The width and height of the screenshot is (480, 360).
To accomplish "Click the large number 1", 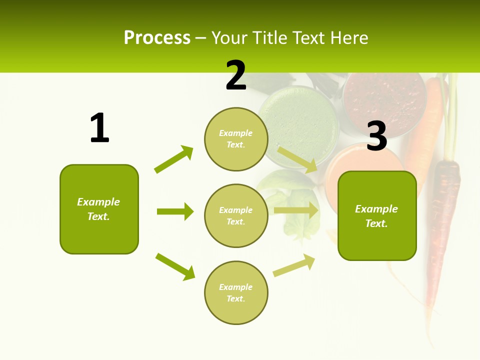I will [99, 128].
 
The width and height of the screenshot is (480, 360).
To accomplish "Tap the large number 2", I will [236, 75].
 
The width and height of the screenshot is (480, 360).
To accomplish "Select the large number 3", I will [377, 136].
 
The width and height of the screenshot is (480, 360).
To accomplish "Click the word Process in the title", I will [157, 37].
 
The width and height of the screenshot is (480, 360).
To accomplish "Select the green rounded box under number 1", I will [99, 209].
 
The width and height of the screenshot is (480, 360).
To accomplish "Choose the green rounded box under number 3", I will [377, 215].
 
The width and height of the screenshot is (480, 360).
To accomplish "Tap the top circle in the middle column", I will [236, 139].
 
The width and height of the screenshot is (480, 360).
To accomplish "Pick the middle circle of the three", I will [236, 215].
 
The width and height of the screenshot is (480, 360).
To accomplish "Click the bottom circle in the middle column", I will [236, 292].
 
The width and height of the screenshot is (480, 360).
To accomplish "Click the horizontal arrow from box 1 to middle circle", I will [175, 211].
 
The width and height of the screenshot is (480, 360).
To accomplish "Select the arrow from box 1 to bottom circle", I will [175, 266].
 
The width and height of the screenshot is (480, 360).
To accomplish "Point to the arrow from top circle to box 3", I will [297, 159].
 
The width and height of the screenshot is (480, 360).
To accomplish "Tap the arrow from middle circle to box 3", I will [296, 210].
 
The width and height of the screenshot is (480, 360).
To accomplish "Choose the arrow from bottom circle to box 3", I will [294, 265].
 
